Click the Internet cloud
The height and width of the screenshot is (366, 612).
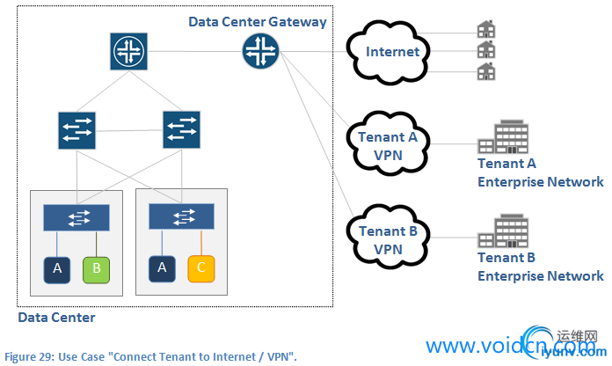[391, 52]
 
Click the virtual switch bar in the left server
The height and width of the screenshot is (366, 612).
[76, 217]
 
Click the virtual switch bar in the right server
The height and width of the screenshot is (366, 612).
[181, 217]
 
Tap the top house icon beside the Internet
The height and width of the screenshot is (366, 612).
[485, 30]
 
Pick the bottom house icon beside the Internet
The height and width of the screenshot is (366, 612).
[485, 70]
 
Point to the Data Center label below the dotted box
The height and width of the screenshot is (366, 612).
[56, 317]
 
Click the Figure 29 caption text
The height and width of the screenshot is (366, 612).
[150, 355]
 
